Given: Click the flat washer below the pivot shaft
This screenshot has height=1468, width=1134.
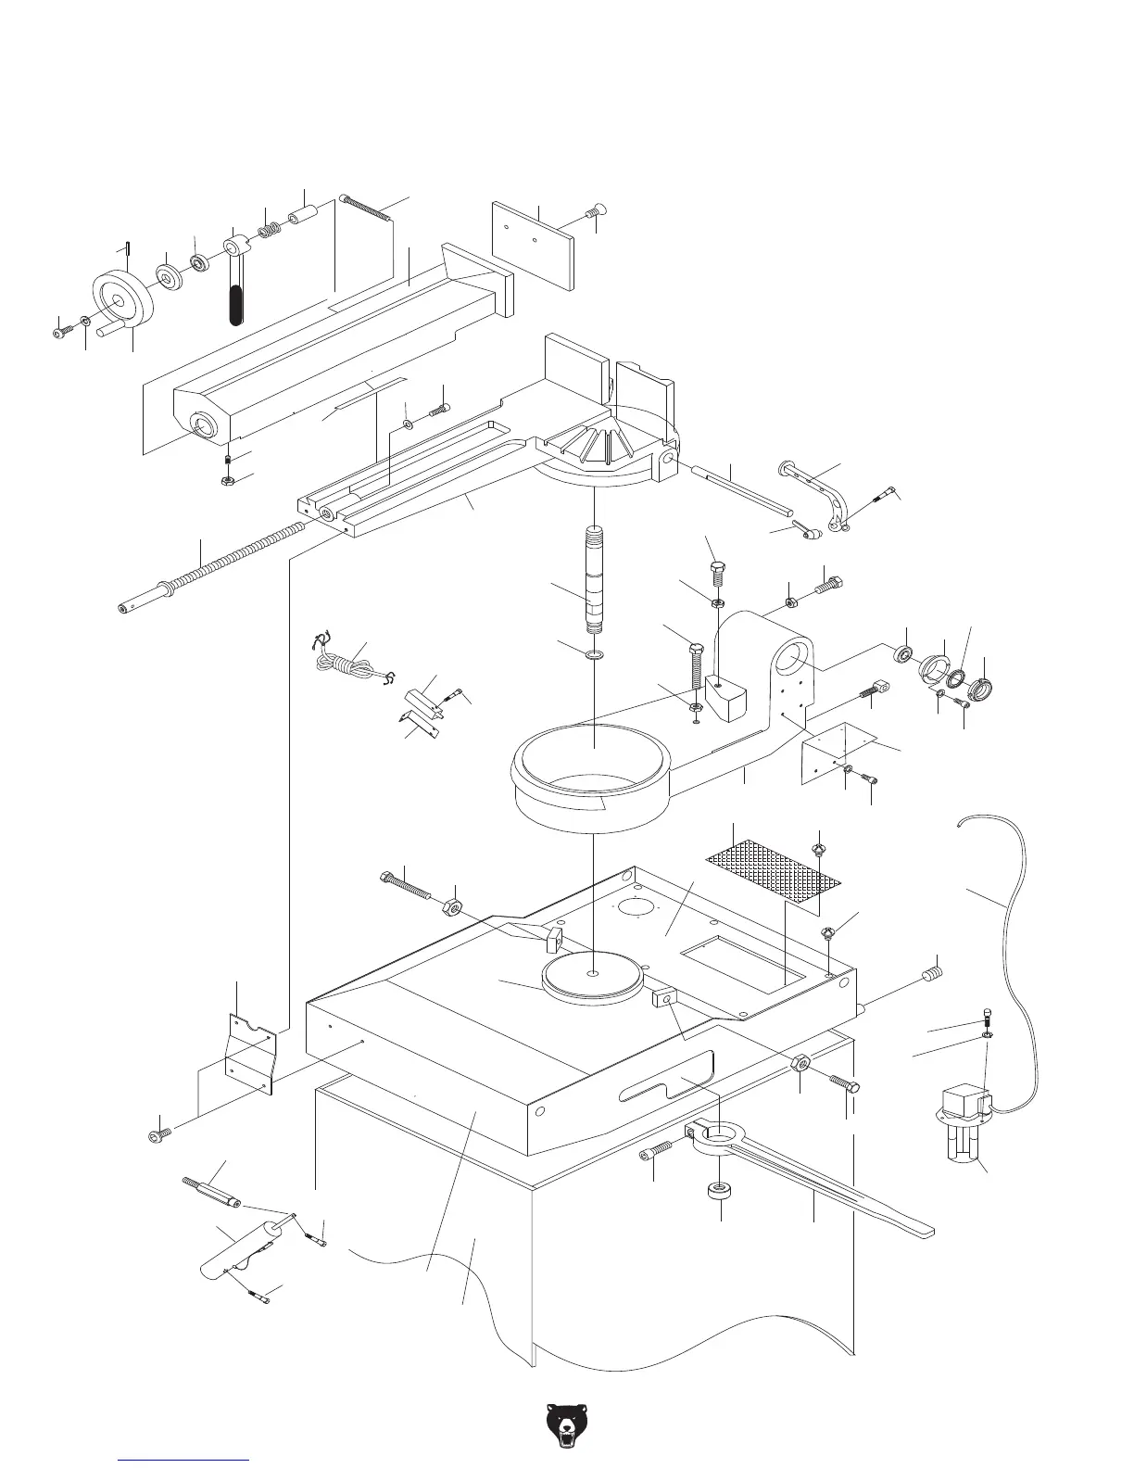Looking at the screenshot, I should [594, 655].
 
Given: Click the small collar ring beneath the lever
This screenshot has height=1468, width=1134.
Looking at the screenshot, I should [719, 1190].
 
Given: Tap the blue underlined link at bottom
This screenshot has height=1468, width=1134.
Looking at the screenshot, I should [184, 1460].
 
